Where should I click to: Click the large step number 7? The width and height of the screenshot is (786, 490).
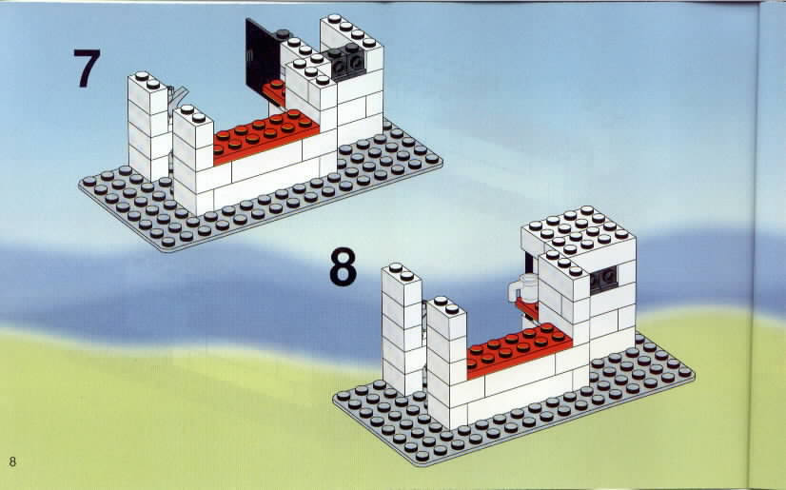[87, 69]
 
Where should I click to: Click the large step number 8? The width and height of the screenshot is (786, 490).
[343, 266]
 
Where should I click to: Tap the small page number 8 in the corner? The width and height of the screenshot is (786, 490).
[12, 461]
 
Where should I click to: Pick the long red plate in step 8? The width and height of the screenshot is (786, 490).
[520, 350]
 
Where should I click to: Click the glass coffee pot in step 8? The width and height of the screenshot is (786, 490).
[522, 288]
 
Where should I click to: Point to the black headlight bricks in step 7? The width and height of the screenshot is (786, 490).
[345, 61]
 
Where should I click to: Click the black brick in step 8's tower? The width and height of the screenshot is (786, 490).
[603, 279]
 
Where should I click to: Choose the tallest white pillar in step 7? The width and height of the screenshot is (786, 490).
[148, 127]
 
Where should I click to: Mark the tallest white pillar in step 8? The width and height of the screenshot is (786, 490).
[402, 328]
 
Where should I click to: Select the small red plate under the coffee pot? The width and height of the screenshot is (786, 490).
[527, 307]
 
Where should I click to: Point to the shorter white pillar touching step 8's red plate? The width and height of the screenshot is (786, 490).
[446, 362]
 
